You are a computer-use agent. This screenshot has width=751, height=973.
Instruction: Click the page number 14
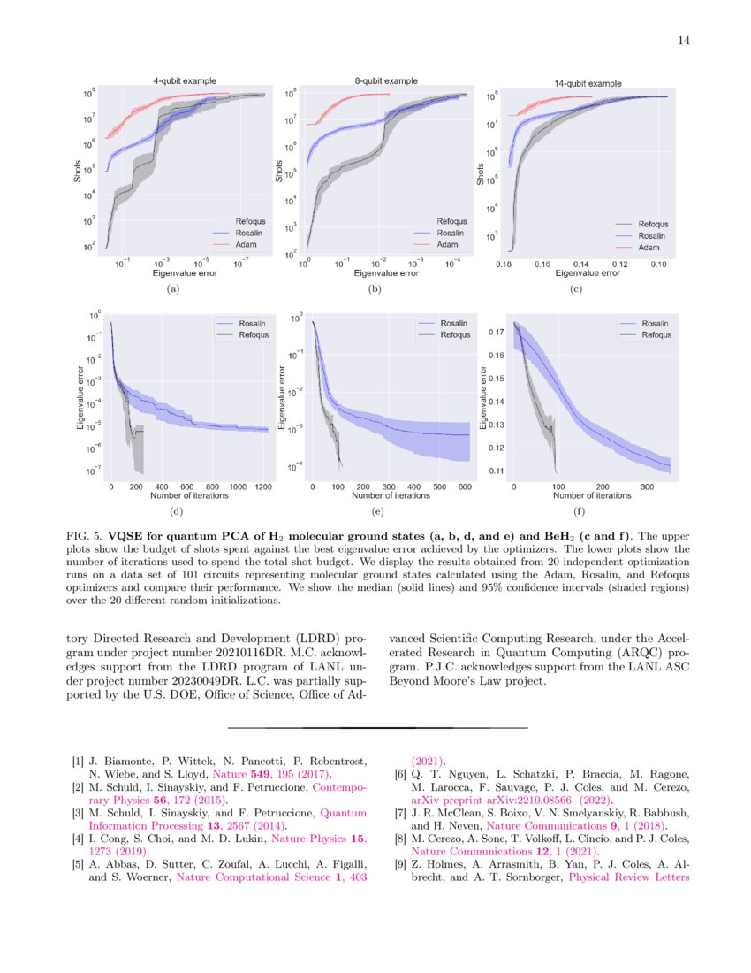tap(683, 40)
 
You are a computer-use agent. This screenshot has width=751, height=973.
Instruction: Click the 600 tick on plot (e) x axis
tap(464, 486)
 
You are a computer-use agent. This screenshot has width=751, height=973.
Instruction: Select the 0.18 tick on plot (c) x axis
tap(504, 264)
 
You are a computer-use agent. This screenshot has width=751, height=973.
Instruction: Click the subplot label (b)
tap(375, 289)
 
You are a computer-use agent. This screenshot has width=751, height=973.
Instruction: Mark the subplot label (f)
tap(580, 511)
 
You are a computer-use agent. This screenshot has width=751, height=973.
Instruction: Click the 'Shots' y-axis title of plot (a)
tap(78, 171)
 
